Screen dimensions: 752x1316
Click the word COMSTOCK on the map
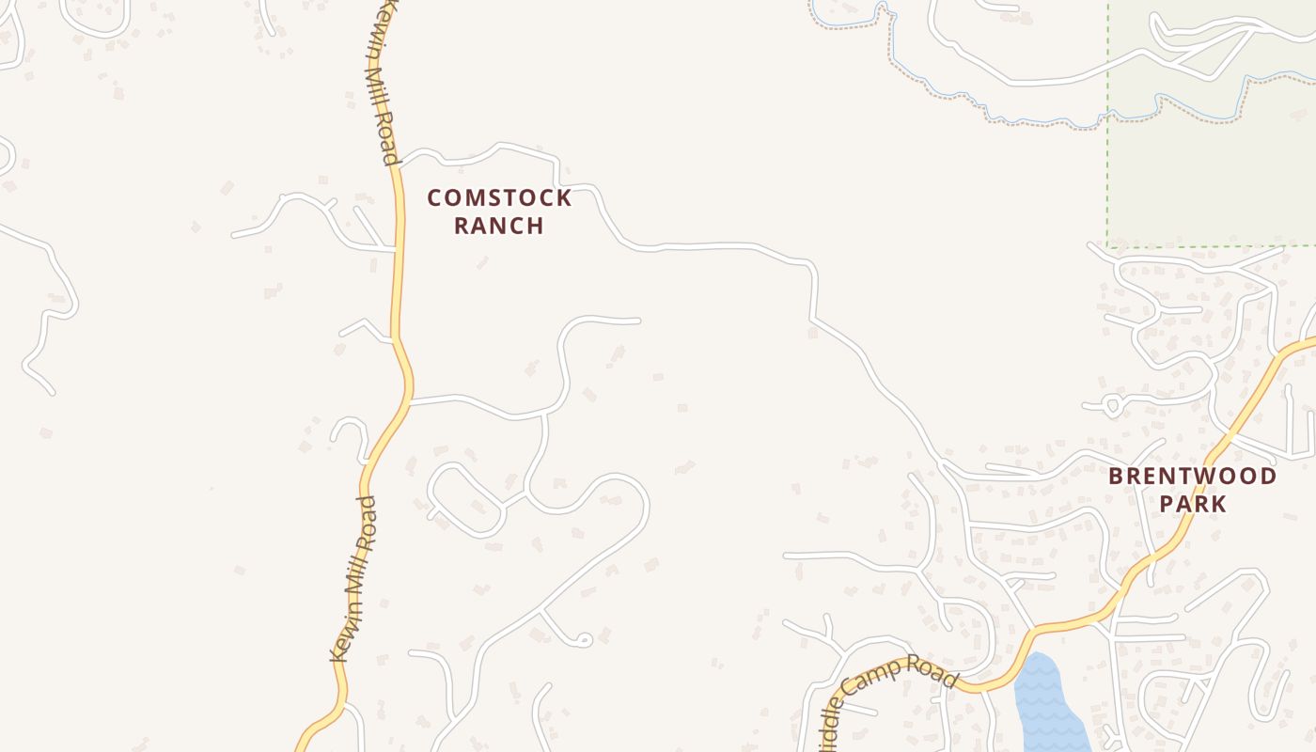click(499, 198)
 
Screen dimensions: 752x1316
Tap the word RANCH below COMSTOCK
click(499, 226)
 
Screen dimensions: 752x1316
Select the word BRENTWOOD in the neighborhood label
click(1192, 477)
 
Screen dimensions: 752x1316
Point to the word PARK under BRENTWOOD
click(1192, 504)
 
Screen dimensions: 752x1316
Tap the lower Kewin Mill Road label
click(354, 578)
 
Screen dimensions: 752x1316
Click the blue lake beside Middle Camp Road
click(1045, 700)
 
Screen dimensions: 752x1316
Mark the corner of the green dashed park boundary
click(1107, 246)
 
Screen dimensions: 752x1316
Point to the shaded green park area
click(1213, 169)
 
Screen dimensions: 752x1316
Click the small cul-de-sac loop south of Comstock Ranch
click(583, 640)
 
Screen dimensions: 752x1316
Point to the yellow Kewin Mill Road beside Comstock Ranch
click(399, 226)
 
